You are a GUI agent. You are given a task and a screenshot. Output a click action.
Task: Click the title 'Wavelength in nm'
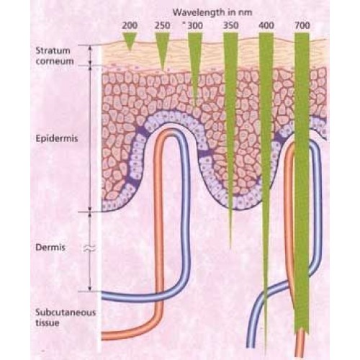point(212,12)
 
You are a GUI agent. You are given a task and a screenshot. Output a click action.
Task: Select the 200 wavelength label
point(130,25)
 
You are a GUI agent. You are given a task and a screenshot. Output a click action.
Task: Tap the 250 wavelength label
point(163,25)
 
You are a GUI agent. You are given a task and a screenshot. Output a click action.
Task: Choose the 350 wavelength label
point(230,25)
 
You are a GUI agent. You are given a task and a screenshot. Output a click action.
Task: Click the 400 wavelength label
point(266,25)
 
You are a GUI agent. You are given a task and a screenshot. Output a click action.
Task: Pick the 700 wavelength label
point(302,25)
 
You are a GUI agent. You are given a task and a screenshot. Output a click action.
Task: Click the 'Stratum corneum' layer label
point(55,56)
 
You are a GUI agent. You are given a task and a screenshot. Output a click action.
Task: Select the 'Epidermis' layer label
point(57,139)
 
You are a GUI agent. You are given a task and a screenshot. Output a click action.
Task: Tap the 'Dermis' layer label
point(50,248)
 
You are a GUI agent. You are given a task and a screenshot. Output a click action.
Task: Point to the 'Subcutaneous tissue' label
point(66,318)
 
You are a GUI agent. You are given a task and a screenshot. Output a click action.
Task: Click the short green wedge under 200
point(130,41)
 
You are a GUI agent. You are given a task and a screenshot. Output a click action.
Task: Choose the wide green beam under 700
point(302,182)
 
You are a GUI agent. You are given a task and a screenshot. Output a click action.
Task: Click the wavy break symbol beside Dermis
point(89,248)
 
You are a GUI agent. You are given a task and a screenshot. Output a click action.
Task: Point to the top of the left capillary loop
point(171,130)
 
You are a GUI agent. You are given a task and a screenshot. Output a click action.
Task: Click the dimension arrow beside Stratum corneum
point(90,55)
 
